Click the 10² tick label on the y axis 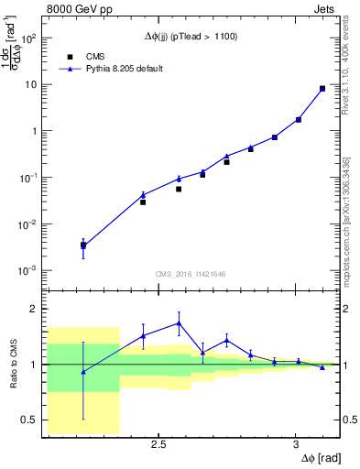click(28, 38)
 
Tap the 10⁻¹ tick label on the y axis click(28, 178)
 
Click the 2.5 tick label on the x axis click(158, 444)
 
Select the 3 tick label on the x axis click(295, 444)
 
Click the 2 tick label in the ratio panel click(34, 309)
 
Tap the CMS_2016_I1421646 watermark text click(191, 273)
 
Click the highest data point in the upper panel click(322, 89)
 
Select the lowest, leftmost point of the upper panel click(83, 245)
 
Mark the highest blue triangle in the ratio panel click(179, 322)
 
